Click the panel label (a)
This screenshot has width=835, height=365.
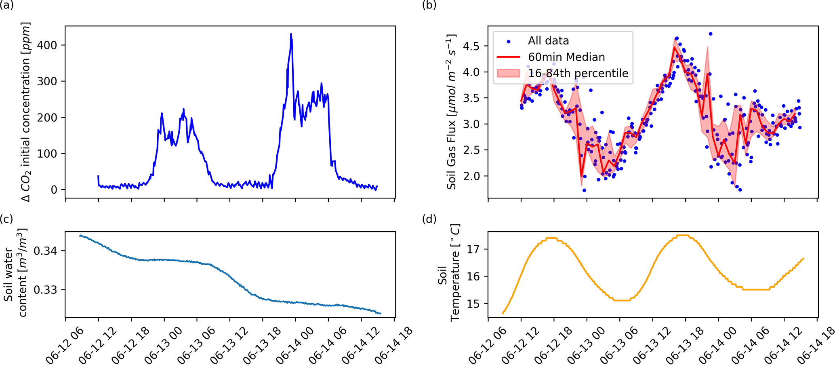[x=7, y=6]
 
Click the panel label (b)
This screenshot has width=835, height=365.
[x=429, y=6]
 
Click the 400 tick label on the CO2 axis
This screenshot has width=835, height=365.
[x=48, y=45]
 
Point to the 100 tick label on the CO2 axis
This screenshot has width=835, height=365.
[x=48, y=154]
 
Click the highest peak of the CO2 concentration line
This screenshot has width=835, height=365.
[x=291, y=34]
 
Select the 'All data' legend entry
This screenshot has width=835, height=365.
[x=548, y=41]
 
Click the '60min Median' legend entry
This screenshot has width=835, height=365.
[x=566, y=57]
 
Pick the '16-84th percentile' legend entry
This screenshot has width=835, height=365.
[x=578, y=73]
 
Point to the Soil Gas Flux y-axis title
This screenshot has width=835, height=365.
[x=452, y=112]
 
